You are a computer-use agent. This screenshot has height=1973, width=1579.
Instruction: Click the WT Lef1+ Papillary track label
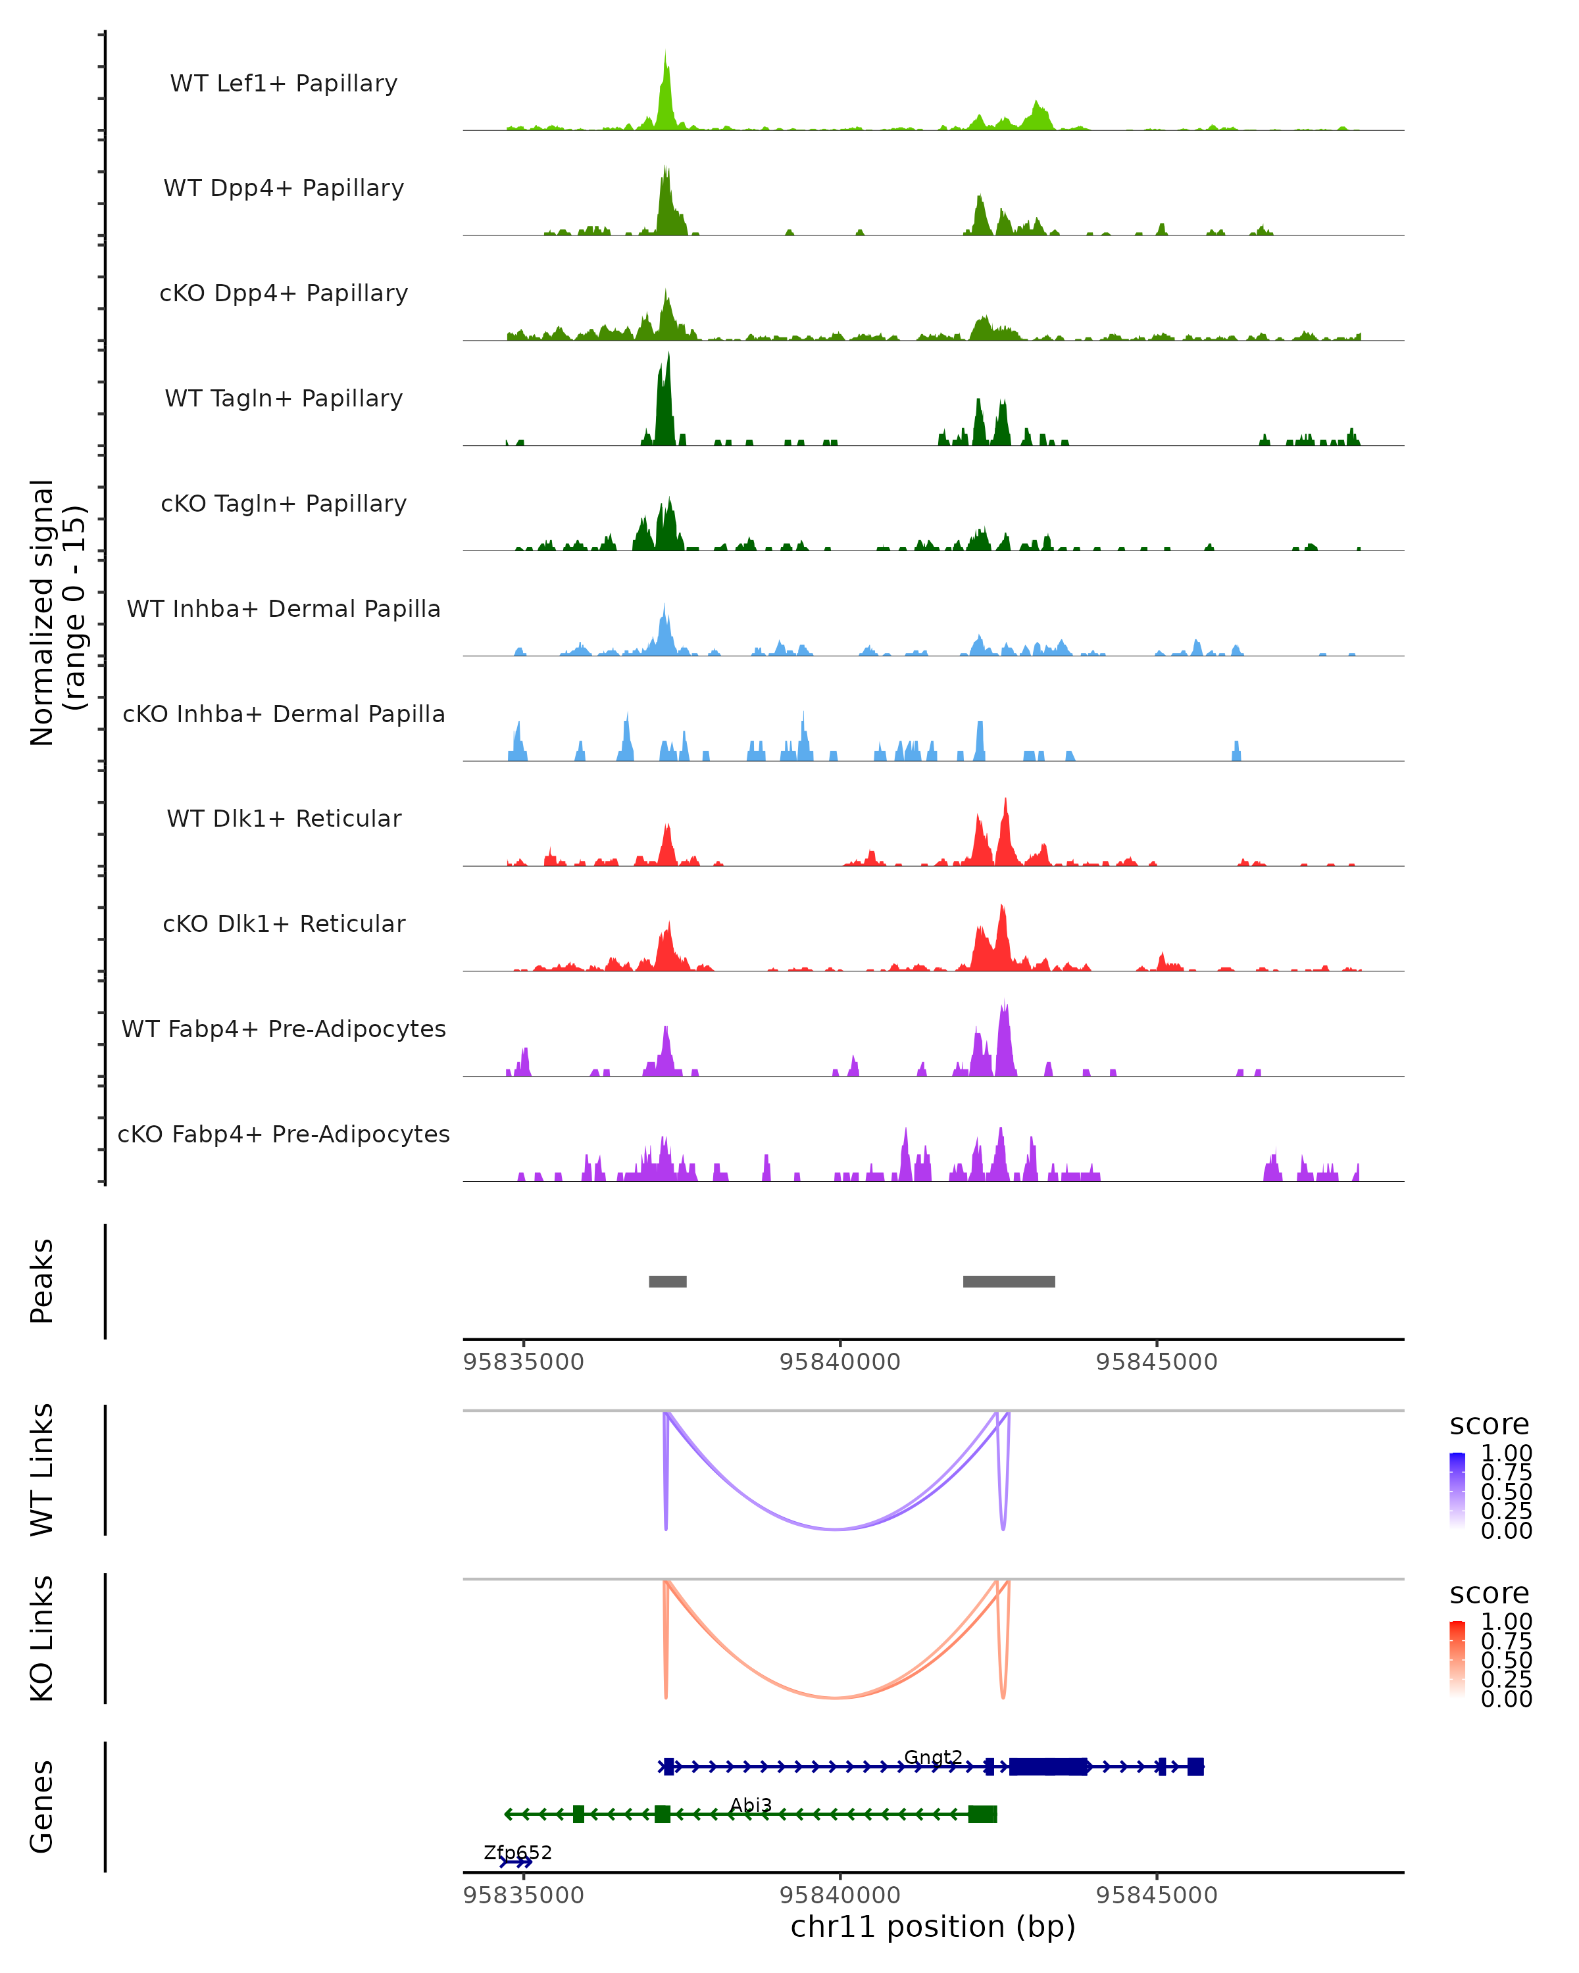284,84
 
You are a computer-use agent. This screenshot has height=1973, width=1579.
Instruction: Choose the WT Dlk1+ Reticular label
284,818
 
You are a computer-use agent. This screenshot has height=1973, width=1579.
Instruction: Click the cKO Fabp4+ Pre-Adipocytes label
284,1134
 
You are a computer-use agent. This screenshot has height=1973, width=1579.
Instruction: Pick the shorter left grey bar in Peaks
667,1281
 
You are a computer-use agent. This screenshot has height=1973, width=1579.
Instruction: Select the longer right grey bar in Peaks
1009,1281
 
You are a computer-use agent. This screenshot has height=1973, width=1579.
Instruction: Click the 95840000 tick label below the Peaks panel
840,1362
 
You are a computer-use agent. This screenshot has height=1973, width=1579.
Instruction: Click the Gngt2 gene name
933,1757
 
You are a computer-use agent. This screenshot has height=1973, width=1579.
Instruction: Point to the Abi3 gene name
751,1805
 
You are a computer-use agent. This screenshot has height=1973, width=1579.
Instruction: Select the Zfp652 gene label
518,1852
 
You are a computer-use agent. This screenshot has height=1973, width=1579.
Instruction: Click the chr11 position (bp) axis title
933,1926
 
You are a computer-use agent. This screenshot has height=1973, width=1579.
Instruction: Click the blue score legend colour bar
1457,1490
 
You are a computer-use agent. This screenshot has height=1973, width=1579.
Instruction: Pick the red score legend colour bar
1457,1658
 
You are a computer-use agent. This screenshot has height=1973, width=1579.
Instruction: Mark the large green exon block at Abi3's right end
982,1814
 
